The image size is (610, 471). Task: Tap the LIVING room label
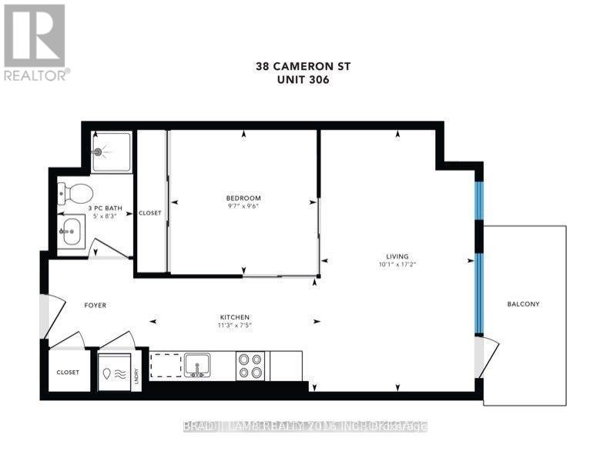pos(397,256)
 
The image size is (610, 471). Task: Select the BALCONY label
pos(523,304)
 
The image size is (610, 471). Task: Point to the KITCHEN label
pos(234,317)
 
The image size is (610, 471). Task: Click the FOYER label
pos(95,306)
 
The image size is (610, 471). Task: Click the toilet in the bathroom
pos(75,191)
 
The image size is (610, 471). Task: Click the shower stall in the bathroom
pos(109,152)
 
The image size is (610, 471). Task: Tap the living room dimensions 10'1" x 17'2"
pos(397,266)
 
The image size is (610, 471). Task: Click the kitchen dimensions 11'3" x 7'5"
pos(234,326)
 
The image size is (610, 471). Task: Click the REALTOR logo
pos(35,42)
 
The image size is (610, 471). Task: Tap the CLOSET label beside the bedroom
pos(149,213)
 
